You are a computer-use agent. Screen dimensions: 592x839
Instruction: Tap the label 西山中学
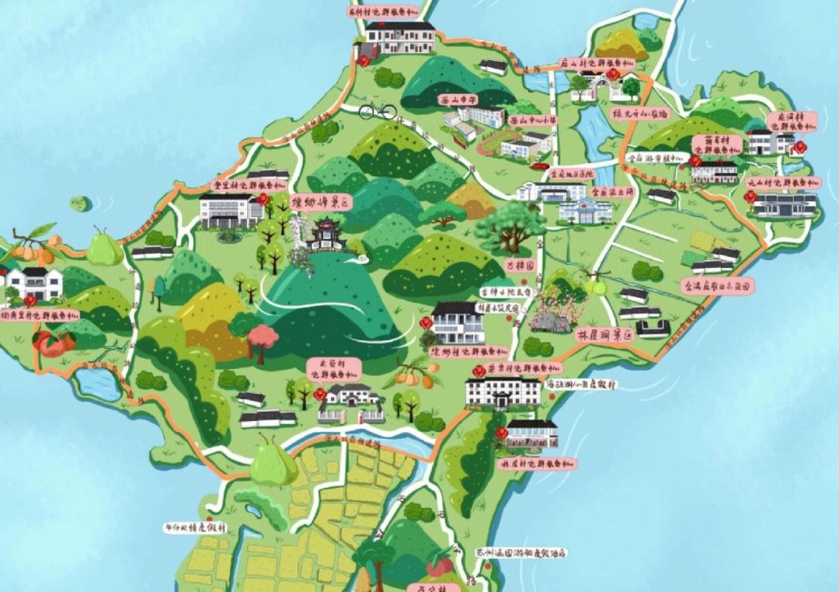click(x=459, y=100)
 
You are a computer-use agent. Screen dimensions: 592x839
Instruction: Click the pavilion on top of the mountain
click(x=326, y=234)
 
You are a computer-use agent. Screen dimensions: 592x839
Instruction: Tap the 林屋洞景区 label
click(x=604, y=337)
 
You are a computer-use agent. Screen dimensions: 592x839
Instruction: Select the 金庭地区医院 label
click(x=572, y=173)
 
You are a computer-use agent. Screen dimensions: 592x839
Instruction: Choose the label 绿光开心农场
click(x=641, y=113)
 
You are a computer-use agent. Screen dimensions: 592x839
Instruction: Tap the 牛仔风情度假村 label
click(x=195, y=526)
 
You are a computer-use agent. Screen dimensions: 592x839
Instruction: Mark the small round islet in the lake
click(x=78, y=204)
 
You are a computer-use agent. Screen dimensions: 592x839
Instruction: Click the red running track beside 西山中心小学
click(x=513, y=145)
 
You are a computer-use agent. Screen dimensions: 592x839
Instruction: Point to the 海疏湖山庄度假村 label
click(x=580, y=384)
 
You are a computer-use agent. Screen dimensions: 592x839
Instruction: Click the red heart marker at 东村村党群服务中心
click(x=364, y=61)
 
